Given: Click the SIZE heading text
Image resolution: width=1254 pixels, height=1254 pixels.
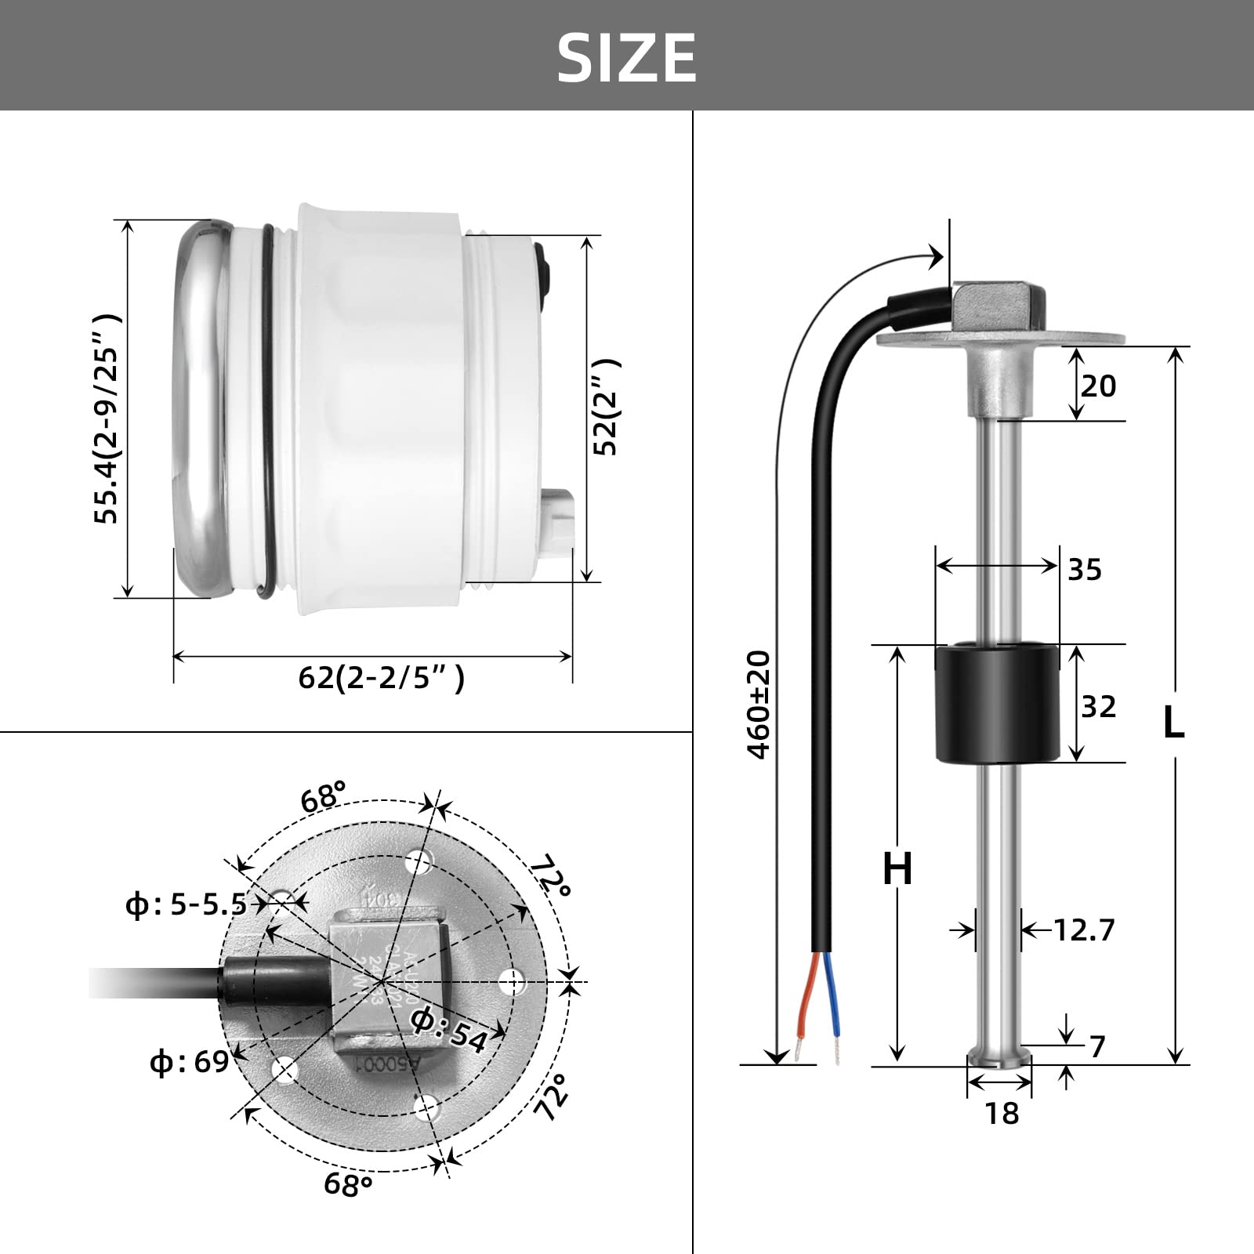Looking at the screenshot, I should (x=626, y=57).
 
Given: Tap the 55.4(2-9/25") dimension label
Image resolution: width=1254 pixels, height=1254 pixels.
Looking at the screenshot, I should (x=107, y=419).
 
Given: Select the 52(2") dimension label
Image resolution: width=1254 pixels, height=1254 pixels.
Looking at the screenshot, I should (x=605, y=407).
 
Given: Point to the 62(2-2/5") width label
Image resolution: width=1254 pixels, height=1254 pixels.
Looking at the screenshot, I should (x=382, y=677).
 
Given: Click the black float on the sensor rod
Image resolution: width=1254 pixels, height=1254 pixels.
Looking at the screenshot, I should (x=998, y=703).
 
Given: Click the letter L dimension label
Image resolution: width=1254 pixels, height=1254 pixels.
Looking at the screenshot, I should (x=1172, y=722).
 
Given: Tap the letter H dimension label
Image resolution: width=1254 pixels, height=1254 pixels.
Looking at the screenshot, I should (x=897, y=868).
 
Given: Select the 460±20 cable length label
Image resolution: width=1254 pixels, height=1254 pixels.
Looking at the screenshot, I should (x=759, y=705).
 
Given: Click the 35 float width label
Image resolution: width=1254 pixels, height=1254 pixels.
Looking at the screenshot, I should (x=1085, y=570).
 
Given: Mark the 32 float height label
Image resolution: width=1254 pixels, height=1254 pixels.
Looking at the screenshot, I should (x=1097, y=707).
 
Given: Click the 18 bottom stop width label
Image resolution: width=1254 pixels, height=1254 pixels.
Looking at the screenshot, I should (x=1002, y=1113).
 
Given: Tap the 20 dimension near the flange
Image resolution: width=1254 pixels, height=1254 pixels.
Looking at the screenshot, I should (x=1097, y=386).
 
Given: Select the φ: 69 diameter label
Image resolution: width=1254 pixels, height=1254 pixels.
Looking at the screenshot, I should (x=189, y=1063).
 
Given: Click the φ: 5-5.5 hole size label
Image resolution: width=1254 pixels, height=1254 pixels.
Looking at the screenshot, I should (x=187, y=905).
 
